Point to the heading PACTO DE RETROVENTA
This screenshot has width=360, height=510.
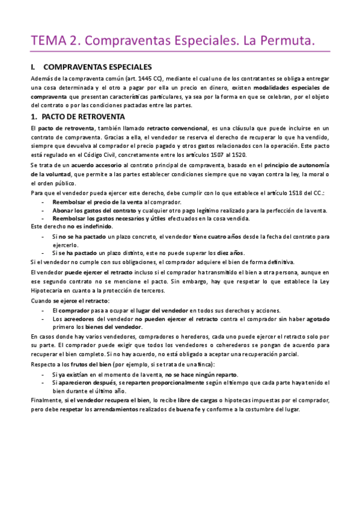pos(84,116)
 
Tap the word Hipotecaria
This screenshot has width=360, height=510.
pos(48,291)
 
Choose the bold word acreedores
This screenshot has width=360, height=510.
pos(76,319)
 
